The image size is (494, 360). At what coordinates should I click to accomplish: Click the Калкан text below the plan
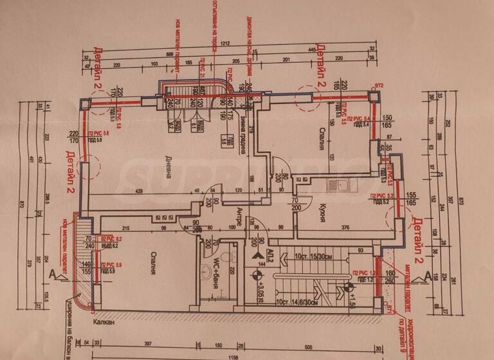[x=103, y=321]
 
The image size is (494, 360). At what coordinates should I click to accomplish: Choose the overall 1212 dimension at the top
[x=224, y=44]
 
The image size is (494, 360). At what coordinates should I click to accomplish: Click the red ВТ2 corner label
[x=379, y=85]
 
